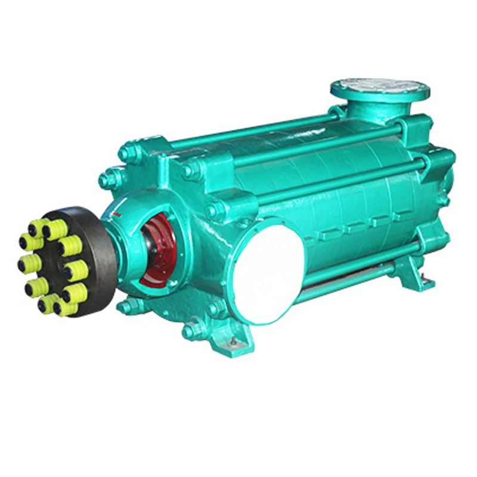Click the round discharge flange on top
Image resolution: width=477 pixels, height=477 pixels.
point(380,89)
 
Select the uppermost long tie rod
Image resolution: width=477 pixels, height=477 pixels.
point(256,132)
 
